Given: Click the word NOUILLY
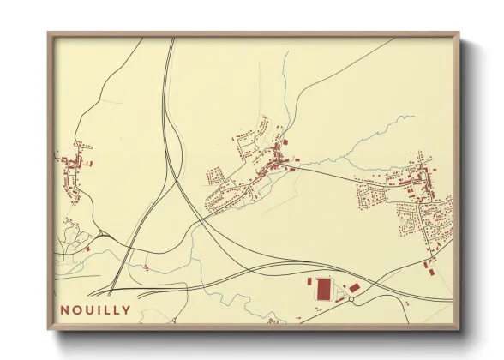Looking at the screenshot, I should [x=96, y=309].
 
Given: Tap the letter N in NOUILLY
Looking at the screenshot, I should [x=66, y=309].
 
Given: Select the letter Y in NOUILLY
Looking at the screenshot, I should [x=127, y=309].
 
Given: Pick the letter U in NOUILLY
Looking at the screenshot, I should [x=90, y=309].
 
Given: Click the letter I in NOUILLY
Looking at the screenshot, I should [x=99, y=309].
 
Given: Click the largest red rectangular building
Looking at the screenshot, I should [x=324, y=288].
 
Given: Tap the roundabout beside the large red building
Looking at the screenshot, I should [x=351, y=300].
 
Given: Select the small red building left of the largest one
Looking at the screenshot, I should [x=310, y=281].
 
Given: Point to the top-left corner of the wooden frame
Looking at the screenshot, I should [x=49, y=33].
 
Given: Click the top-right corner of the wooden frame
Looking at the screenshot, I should [x=459, y=33].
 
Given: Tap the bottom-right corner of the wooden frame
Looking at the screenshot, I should [x=459, y=330].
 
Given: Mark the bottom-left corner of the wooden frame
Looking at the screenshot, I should [x=49, y=330].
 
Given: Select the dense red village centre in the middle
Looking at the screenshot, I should [x=279, y=159].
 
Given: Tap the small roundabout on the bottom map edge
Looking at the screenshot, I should [x=273, y=322].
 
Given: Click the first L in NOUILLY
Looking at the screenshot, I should [x=108, y=309].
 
